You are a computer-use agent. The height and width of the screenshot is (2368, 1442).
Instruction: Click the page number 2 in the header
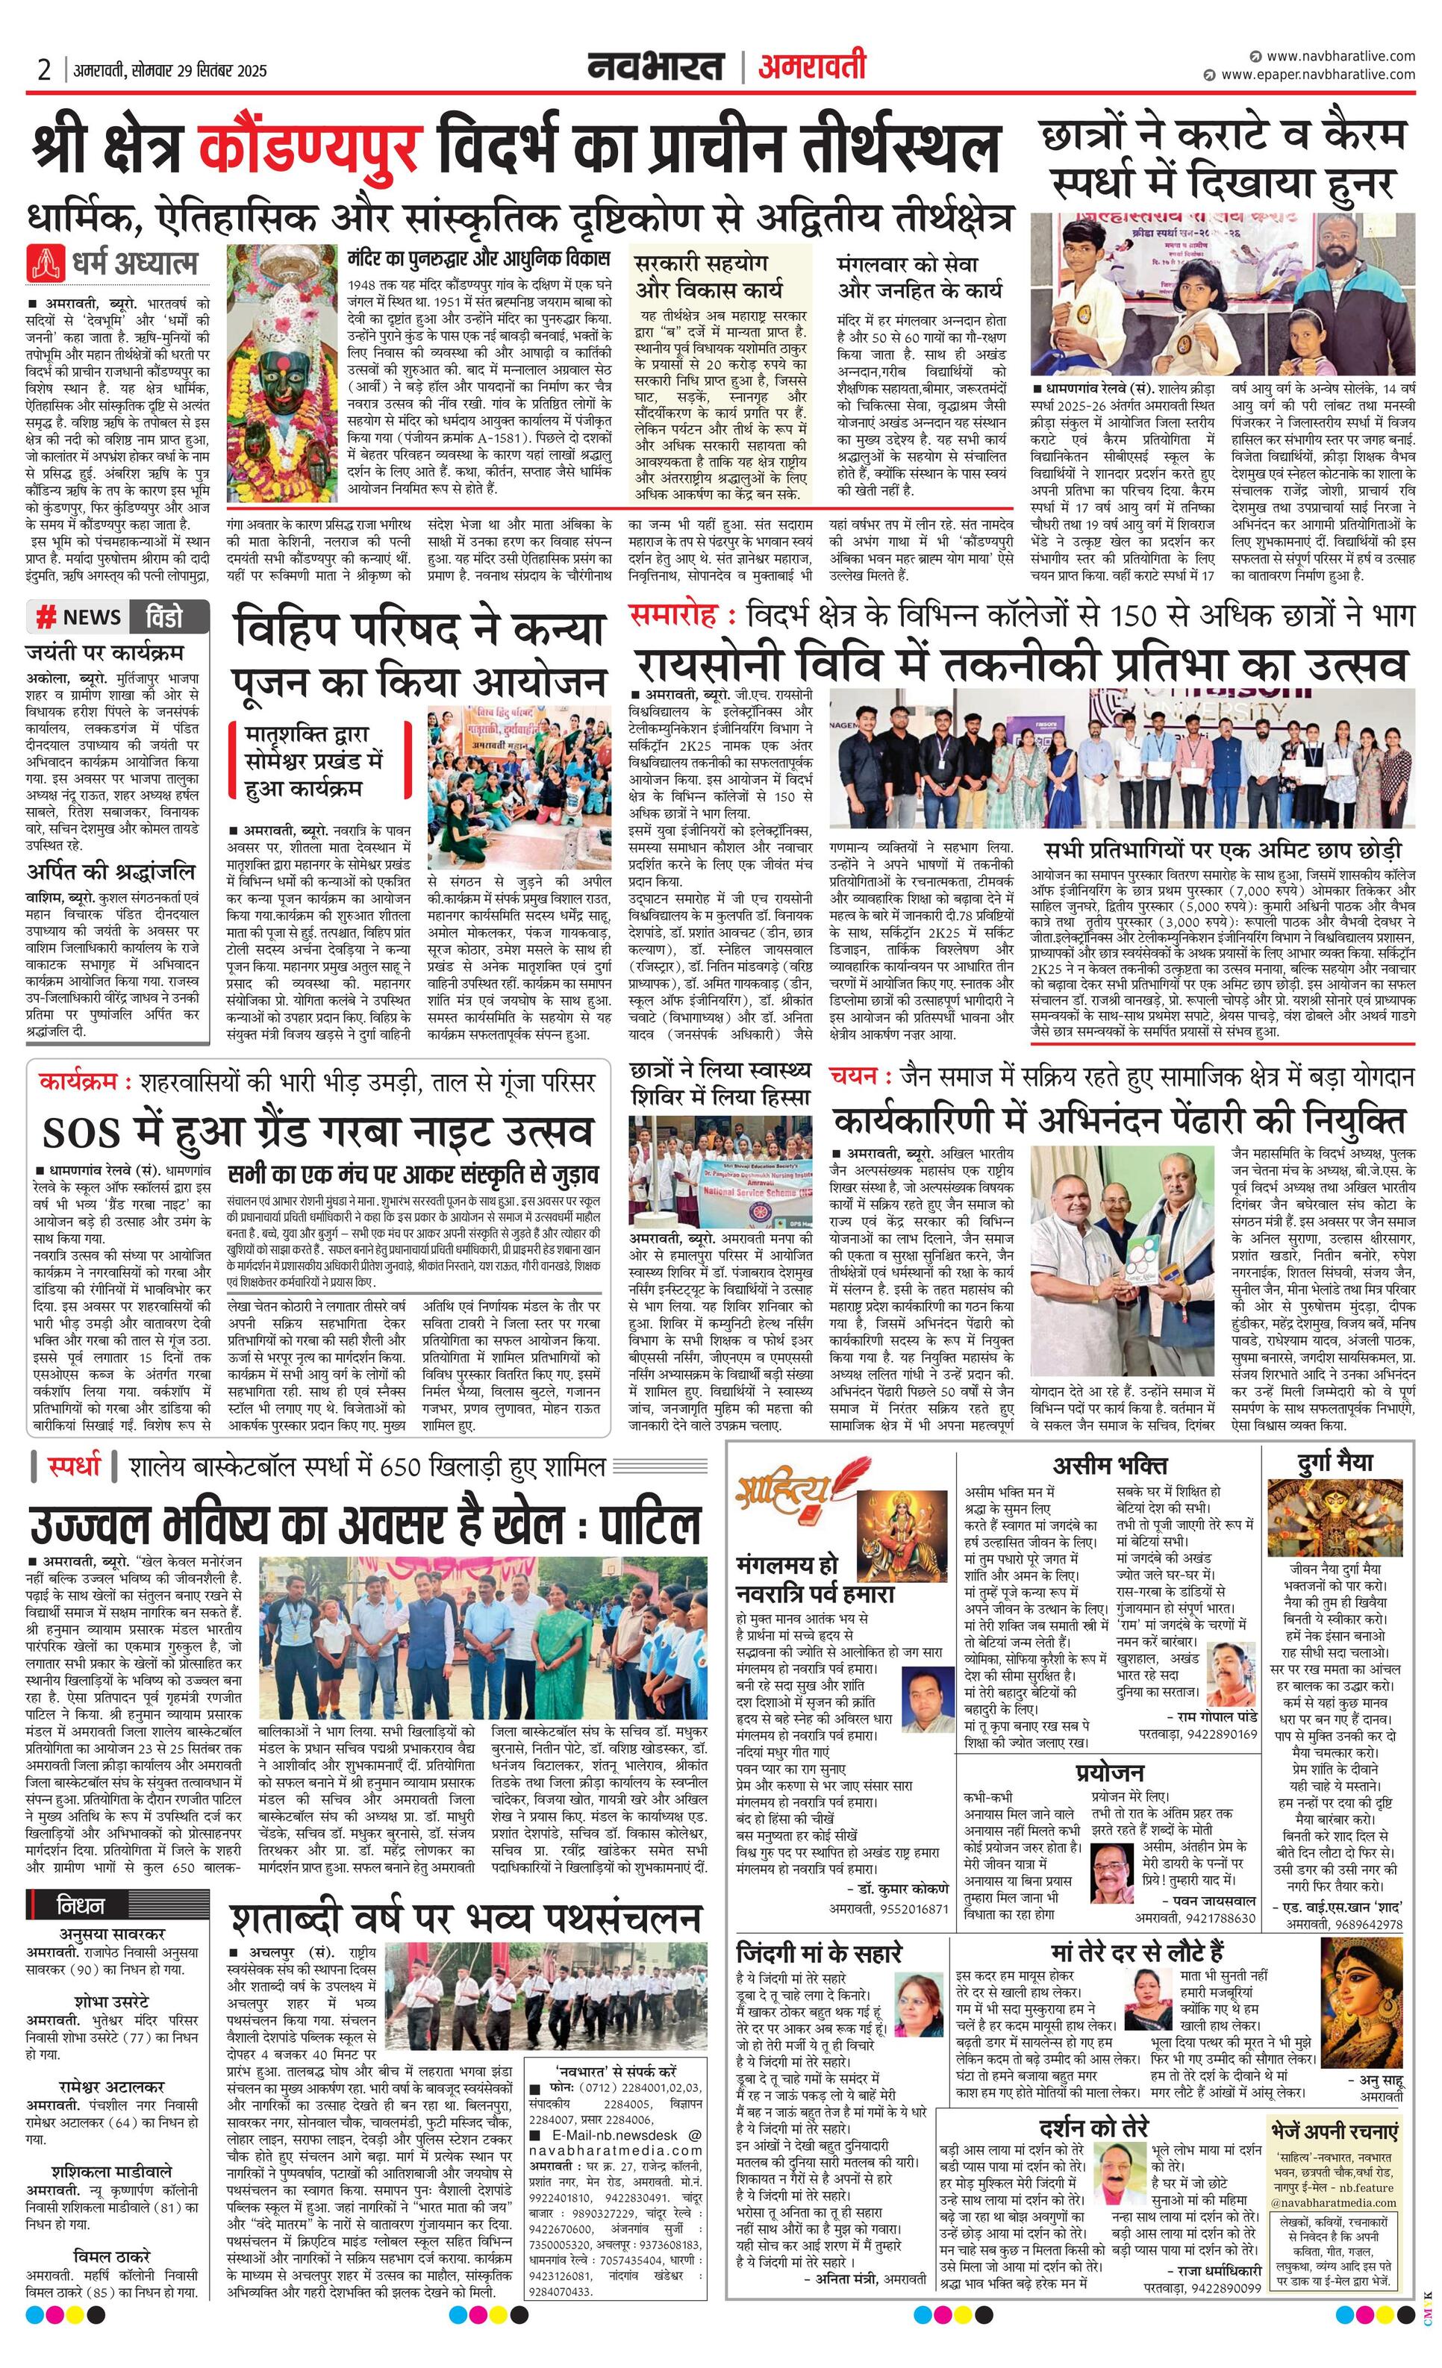point(43,70)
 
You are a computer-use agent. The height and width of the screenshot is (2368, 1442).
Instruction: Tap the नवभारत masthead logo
point(657,67)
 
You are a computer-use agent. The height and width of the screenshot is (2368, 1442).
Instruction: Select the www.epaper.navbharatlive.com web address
point(1318,75)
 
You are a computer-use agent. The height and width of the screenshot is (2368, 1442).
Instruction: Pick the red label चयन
point(852,1076)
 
